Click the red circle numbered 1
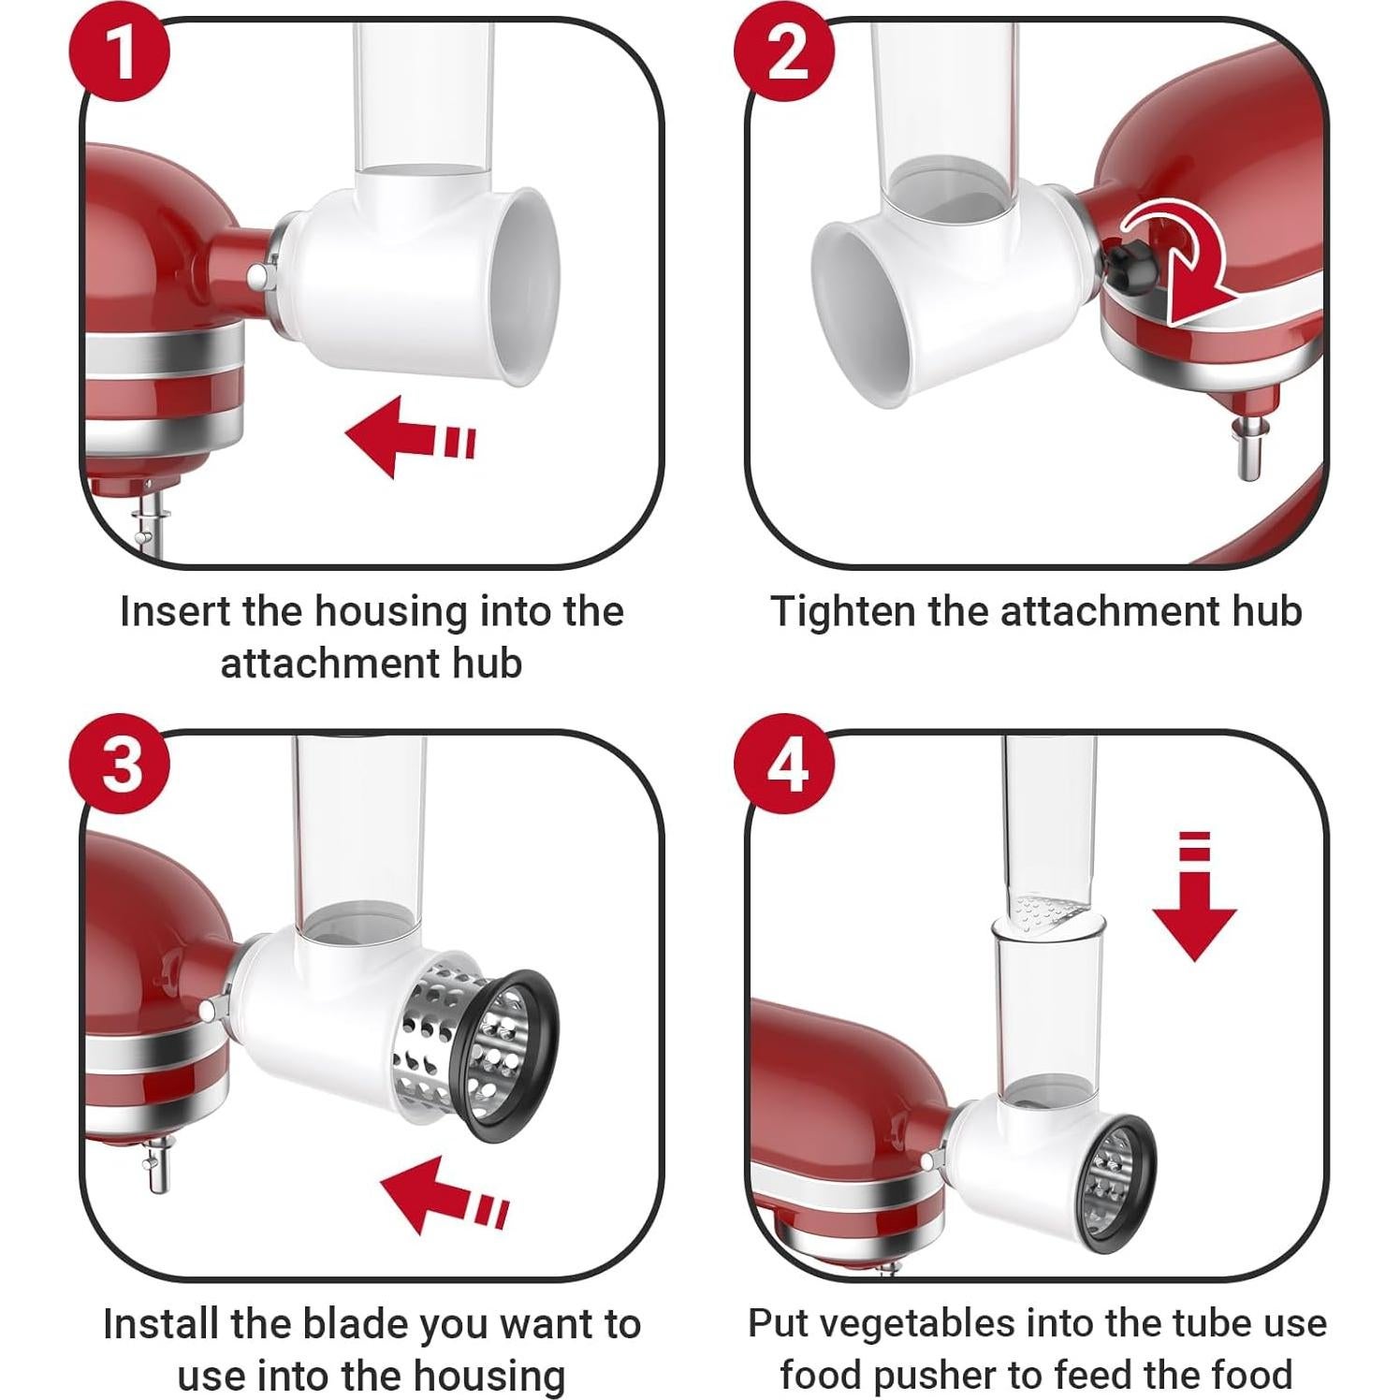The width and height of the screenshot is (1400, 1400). [123, 52]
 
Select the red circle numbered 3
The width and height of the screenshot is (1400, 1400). [123, 766]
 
